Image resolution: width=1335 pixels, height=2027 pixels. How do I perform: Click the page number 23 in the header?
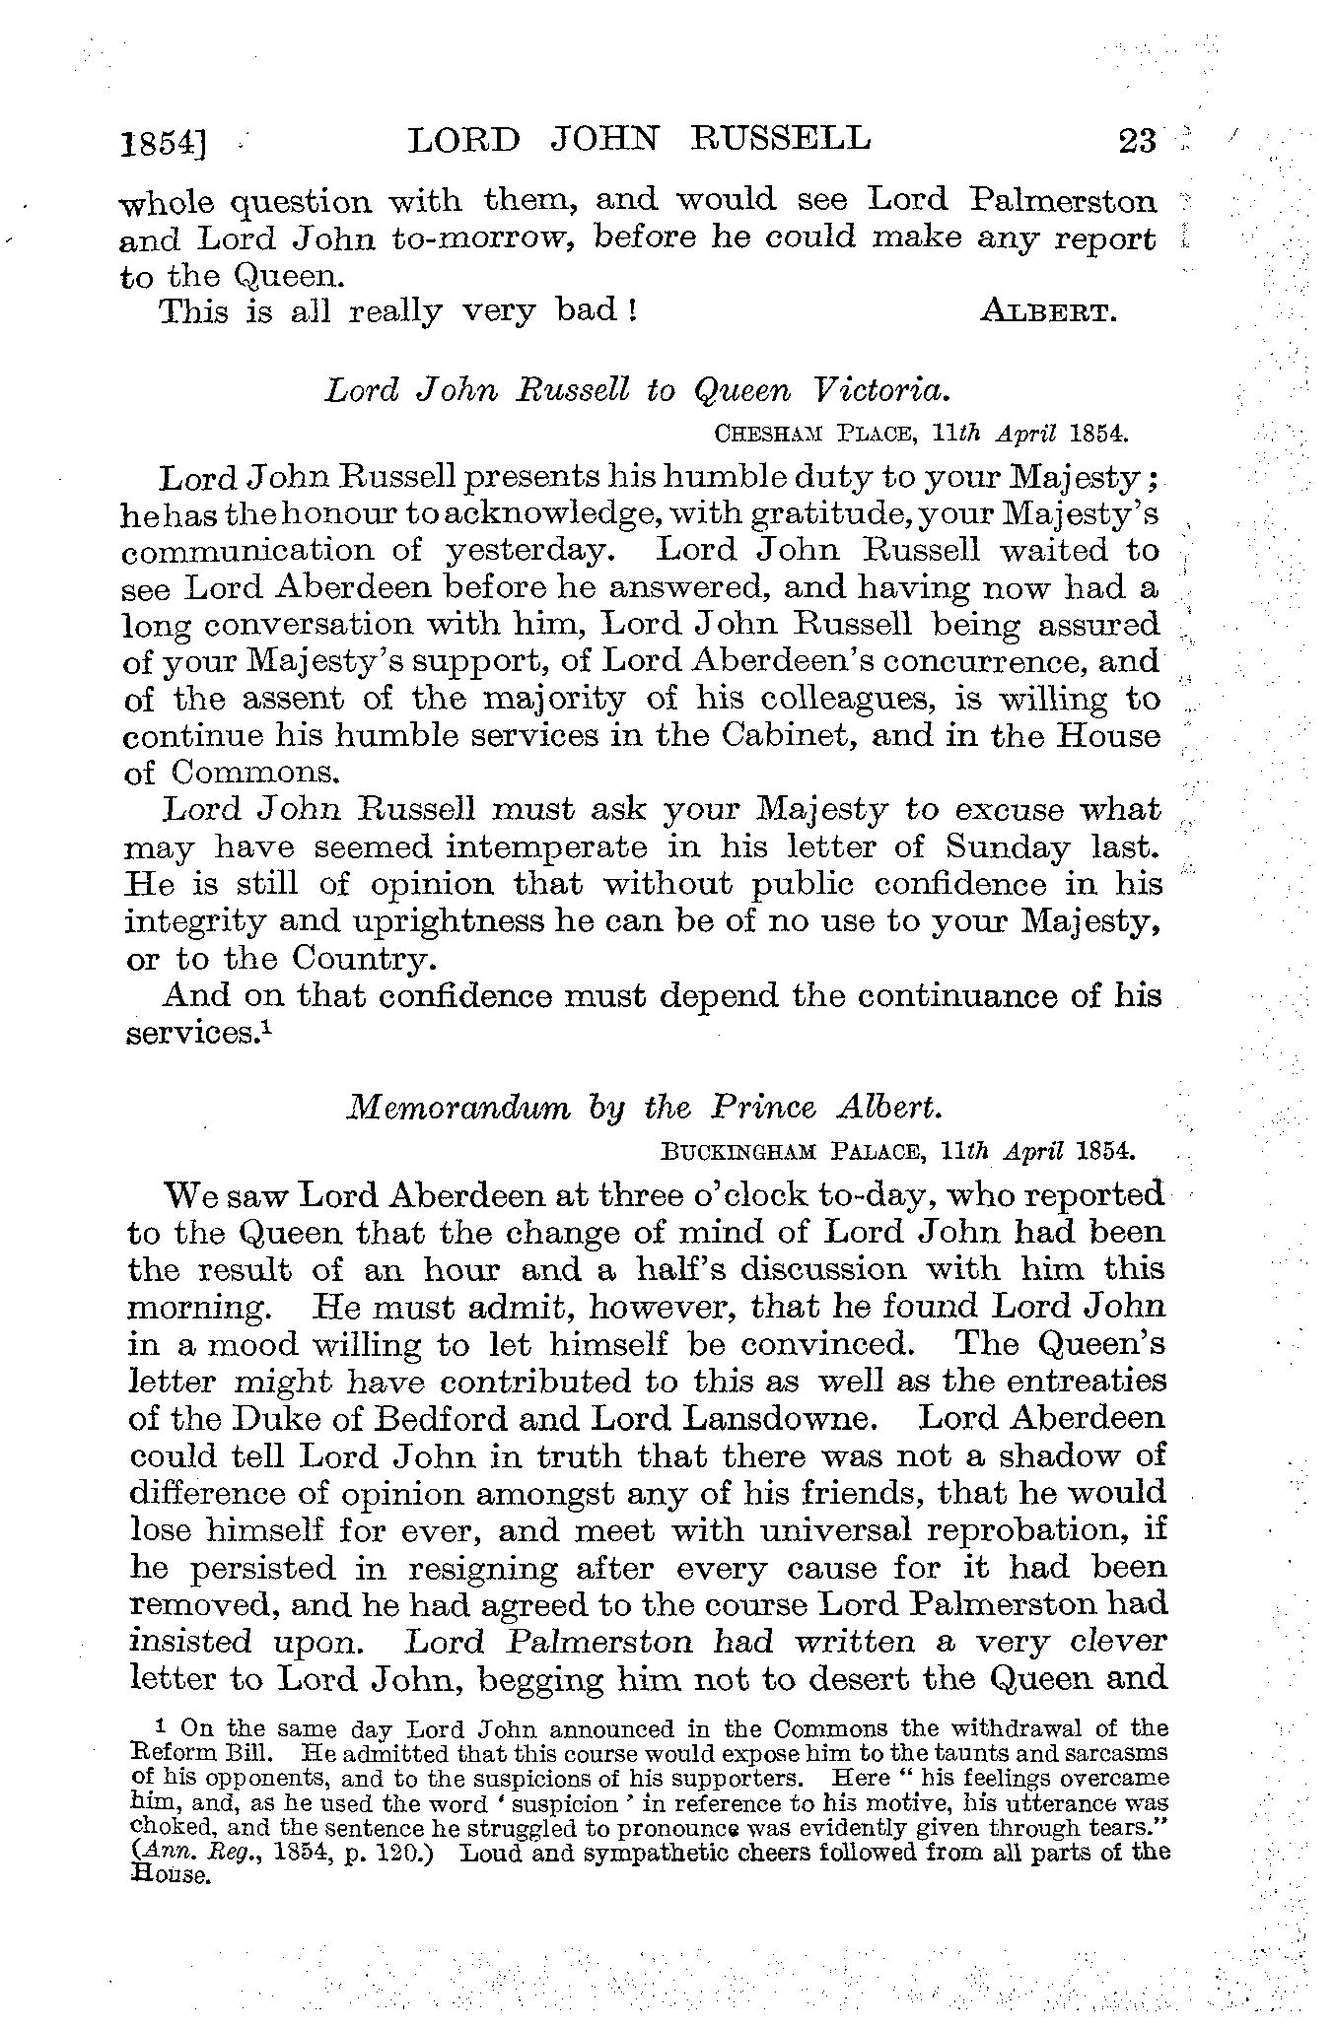tap(1137, 142)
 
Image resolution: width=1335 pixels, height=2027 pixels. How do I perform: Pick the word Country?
tap(357, 959)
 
